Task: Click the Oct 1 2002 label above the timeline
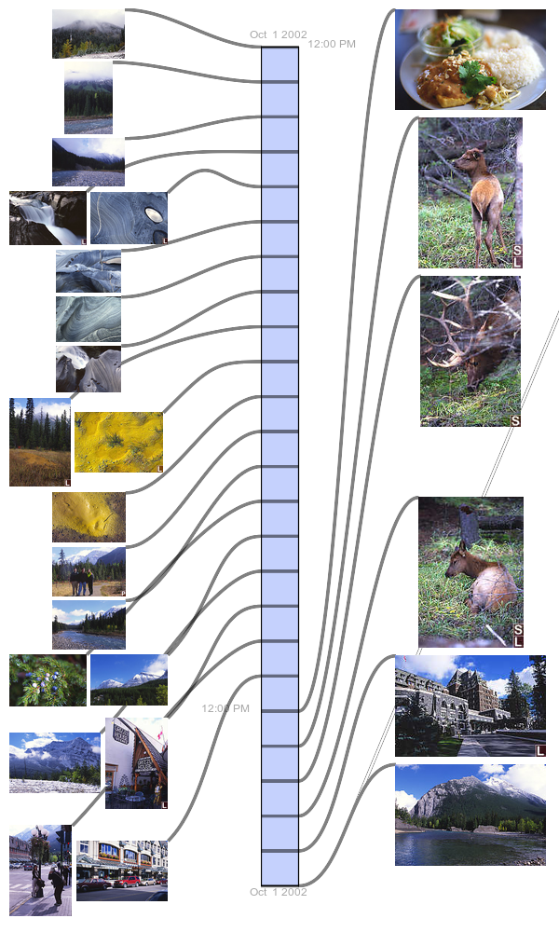(278, 34)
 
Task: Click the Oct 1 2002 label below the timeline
(278, 892)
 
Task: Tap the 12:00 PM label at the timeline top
(332, 44)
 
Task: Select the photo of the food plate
(470, 60)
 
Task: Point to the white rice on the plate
(512, 60)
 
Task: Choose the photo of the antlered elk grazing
(470, 350)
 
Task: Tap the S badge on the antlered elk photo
(515, 421)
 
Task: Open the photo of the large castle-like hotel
(470, 706)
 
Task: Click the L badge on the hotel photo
(540, 750)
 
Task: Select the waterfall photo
(48, 217)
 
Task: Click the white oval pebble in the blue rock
(154, 215)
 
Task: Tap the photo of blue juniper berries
(48, 680)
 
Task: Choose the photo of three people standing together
(89, 571)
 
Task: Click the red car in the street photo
(127, 882)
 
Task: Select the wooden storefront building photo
(136, 762)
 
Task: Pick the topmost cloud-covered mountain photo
(88, 34)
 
